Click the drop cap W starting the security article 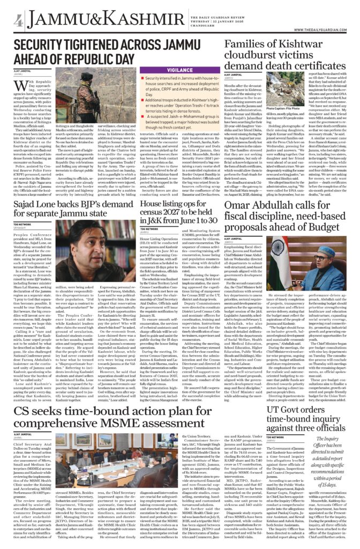click(x=21, y=88)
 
